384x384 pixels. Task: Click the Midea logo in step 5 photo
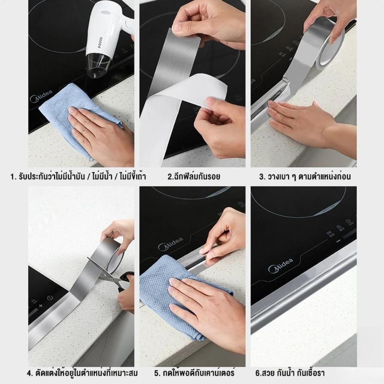coord(171,244)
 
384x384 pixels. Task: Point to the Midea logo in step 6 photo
coord(280,265)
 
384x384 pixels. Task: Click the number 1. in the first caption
coord(13,177)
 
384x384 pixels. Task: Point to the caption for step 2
coord(194,176)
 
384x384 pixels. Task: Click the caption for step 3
coord(304,176)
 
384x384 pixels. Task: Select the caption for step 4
coord(82,373)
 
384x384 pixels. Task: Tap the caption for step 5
coord(195,373)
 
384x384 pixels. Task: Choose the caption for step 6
coord(290,373)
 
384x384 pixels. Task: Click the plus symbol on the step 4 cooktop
coord(40,306)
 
